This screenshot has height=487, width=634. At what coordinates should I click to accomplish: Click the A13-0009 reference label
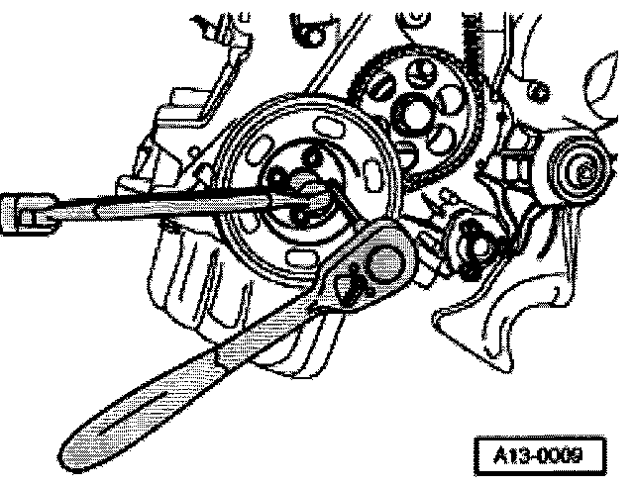pos(542,456)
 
